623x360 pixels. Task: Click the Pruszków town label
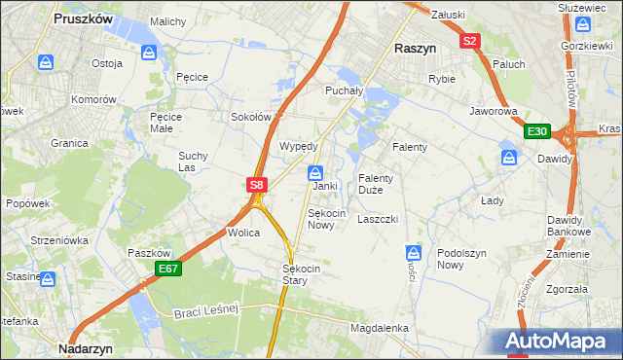[84, 18]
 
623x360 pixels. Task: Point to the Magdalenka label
[380, 329]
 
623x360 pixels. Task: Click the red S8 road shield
[256, 184]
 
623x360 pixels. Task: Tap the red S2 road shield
[470, 41]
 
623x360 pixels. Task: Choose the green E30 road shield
[536, 131]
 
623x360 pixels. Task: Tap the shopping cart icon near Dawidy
[507, 156]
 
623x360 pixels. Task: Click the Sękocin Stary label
[295, 273]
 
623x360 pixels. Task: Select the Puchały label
[343, 90]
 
